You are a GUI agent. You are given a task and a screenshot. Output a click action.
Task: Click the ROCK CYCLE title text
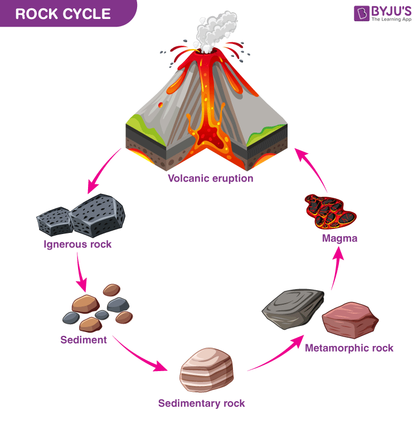tap(63, 14)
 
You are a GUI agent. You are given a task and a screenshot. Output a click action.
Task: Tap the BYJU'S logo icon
tap(362, 13)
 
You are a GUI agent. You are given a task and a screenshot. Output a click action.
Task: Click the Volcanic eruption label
tap(211, 178)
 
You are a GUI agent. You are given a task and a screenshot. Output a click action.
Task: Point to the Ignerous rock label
tap(77, 245)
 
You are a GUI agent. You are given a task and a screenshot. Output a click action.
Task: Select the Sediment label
tap(84, 340)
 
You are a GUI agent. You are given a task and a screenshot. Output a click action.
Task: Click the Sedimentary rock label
tap(202, 403)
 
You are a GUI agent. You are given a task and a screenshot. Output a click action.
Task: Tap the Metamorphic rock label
tap(349, 348)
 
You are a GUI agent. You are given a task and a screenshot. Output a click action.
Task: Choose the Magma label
tap(339, 238)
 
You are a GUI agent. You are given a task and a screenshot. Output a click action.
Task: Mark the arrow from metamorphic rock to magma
tap(337, 268)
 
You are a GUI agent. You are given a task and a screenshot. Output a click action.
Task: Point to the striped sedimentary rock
tap(206, 370)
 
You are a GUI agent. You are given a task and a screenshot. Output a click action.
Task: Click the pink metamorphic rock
tap(350, 320)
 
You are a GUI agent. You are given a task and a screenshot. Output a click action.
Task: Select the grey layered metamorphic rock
tap(294, 309)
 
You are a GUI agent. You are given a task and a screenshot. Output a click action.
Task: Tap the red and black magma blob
tap(330, 212)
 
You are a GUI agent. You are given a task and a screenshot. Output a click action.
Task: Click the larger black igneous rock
tap(97, 216)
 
